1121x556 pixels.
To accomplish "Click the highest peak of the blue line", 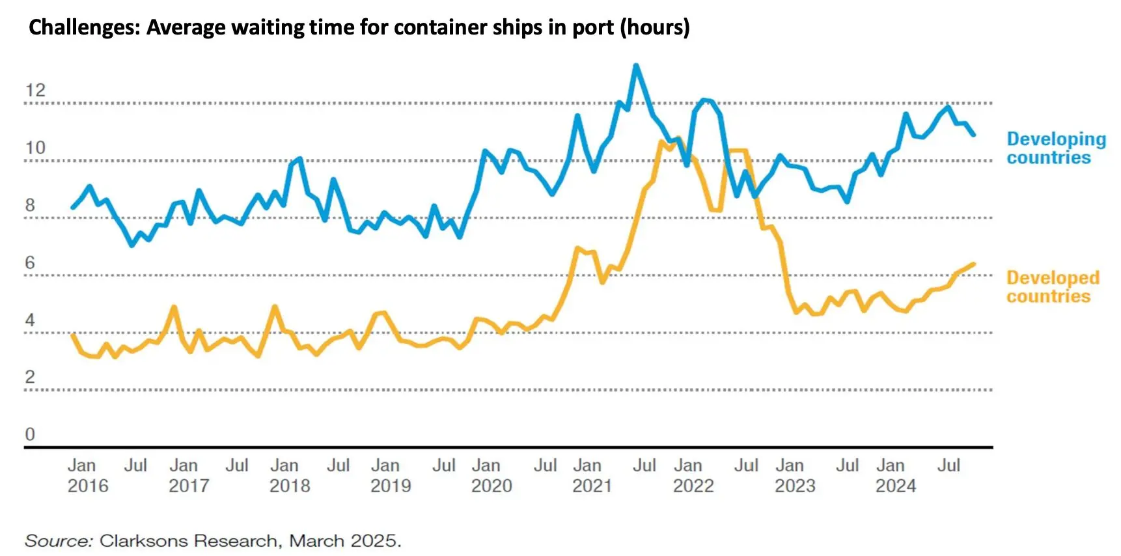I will (636, 66).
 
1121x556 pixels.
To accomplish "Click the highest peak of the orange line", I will (678, 139).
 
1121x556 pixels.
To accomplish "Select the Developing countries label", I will (1055, 148).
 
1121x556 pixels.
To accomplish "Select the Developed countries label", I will (1052, 287).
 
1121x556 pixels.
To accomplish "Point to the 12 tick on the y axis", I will (35, 90).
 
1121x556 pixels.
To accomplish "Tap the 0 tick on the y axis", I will (30, 434).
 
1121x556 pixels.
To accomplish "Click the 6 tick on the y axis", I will (30, 263).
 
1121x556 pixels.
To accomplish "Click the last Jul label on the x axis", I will (948, 466).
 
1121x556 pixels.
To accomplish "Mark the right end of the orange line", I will (974, 264).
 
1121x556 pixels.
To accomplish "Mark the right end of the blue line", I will (974, 135).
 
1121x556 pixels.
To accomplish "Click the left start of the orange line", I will (72, 335).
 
